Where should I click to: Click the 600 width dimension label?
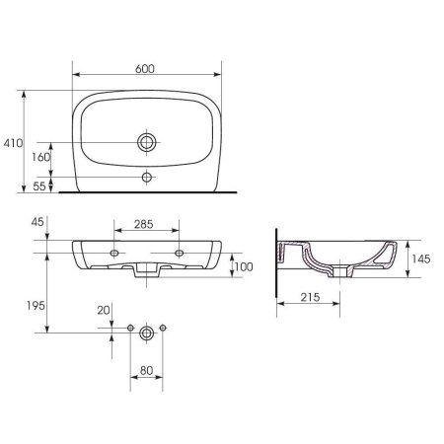pyautogui.click(x=145, y=69)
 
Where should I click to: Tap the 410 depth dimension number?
pyautogui.click(x=13, y=143)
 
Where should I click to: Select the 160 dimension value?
pyautogui.click(x=40, y=157)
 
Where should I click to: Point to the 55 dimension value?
pyautogui.click(x=39, y=186)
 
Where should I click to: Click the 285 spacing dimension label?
pyautogui.click(x=144, y=224)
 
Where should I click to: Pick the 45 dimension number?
pyautogui.click(x=37, y=222)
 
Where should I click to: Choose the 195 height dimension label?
pyautogui.click(x=36, y=306)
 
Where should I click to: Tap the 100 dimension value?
pyautogui.click(x=244, y=266)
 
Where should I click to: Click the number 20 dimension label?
pyautogui.click(x=104, y=310)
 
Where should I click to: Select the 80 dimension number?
pyautogui.click(x=146, y=371)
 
